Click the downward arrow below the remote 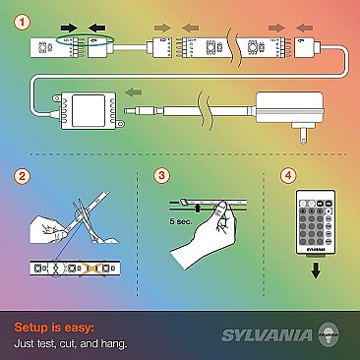click(315, 272)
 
